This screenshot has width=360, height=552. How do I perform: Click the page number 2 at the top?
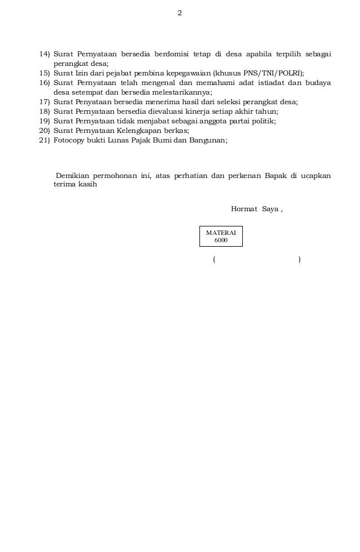click(180, 13)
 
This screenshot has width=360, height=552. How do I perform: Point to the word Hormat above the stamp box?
click(243, 210)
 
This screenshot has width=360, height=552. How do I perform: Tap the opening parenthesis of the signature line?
click(214, 260)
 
